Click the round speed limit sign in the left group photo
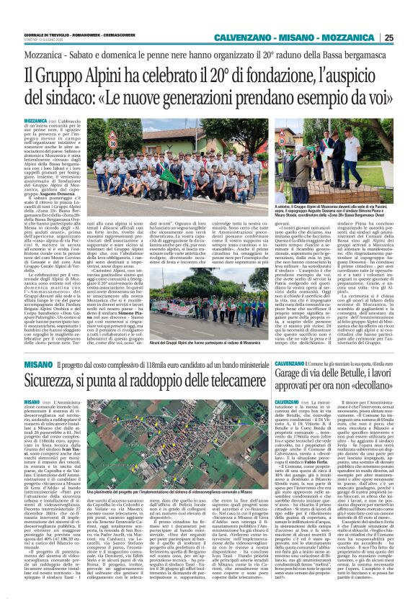point(112,143)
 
